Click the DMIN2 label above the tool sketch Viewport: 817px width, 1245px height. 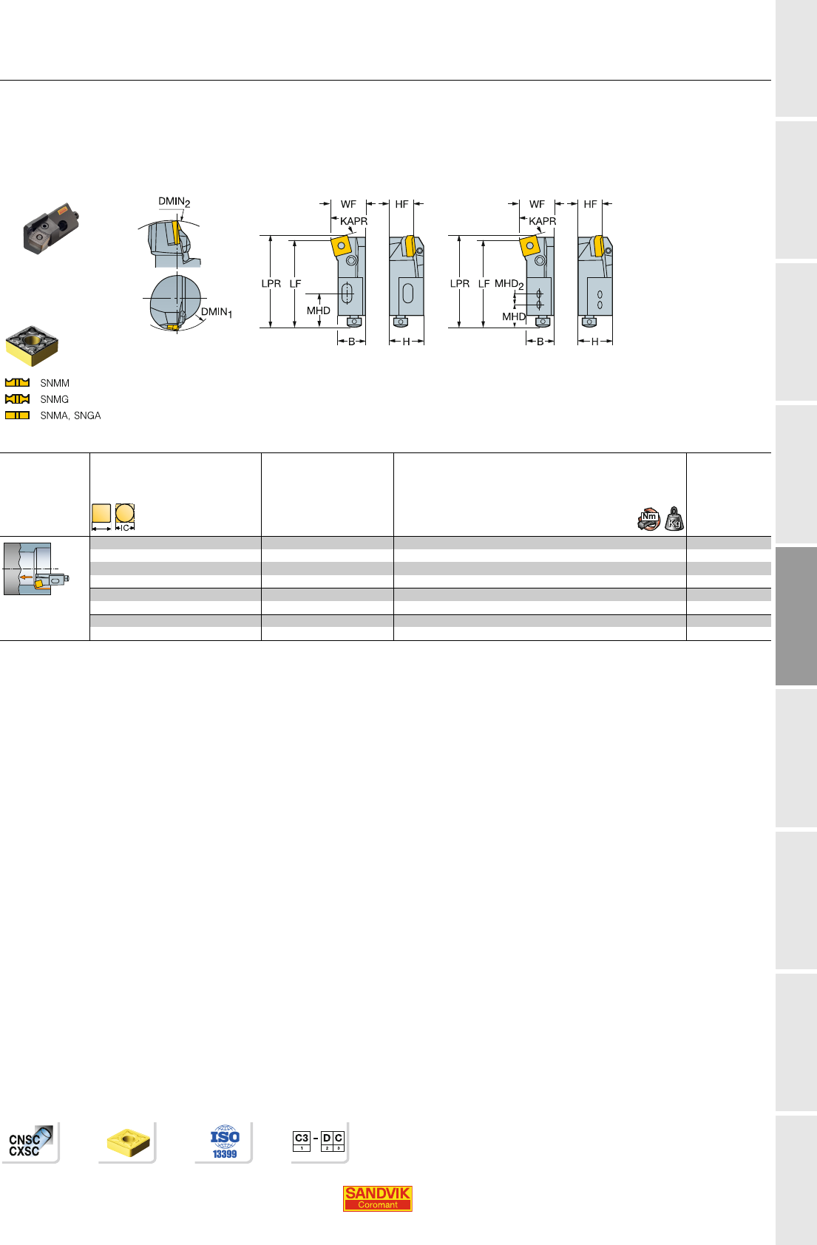tap(174, 202)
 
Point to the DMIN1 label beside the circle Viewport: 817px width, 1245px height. tap(216, 313)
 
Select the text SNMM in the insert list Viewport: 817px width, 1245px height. tap(55, 383)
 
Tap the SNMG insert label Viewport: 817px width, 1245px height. tap(55, 399)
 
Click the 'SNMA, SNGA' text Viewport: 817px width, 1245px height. tap(70, 415)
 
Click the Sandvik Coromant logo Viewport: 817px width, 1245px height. tap(377, 1198)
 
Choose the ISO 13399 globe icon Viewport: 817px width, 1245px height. tap(225, 1141)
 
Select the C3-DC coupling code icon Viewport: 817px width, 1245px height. tap(319, 1141)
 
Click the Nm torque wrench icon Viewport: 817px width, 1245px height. tap(648, 519)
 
